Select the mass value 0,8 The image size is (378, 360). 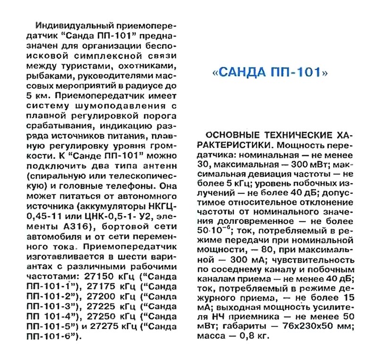(250, 340)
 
